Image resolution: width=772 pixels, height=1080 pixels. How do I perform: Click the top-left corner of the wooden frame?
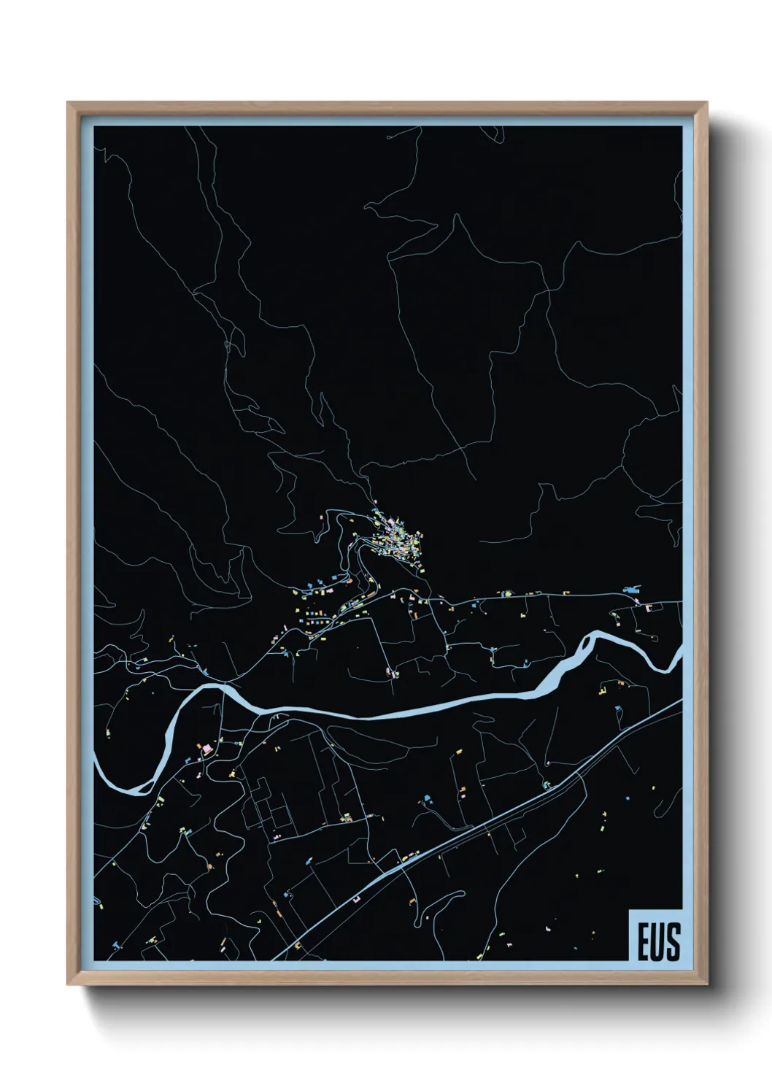(69, 104)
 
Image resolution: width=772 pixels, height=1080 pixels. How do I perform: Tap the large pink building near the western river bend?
(206, 749)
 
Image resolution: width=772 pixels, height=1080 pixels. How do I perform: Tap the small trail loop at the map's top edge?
(500, 135)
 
